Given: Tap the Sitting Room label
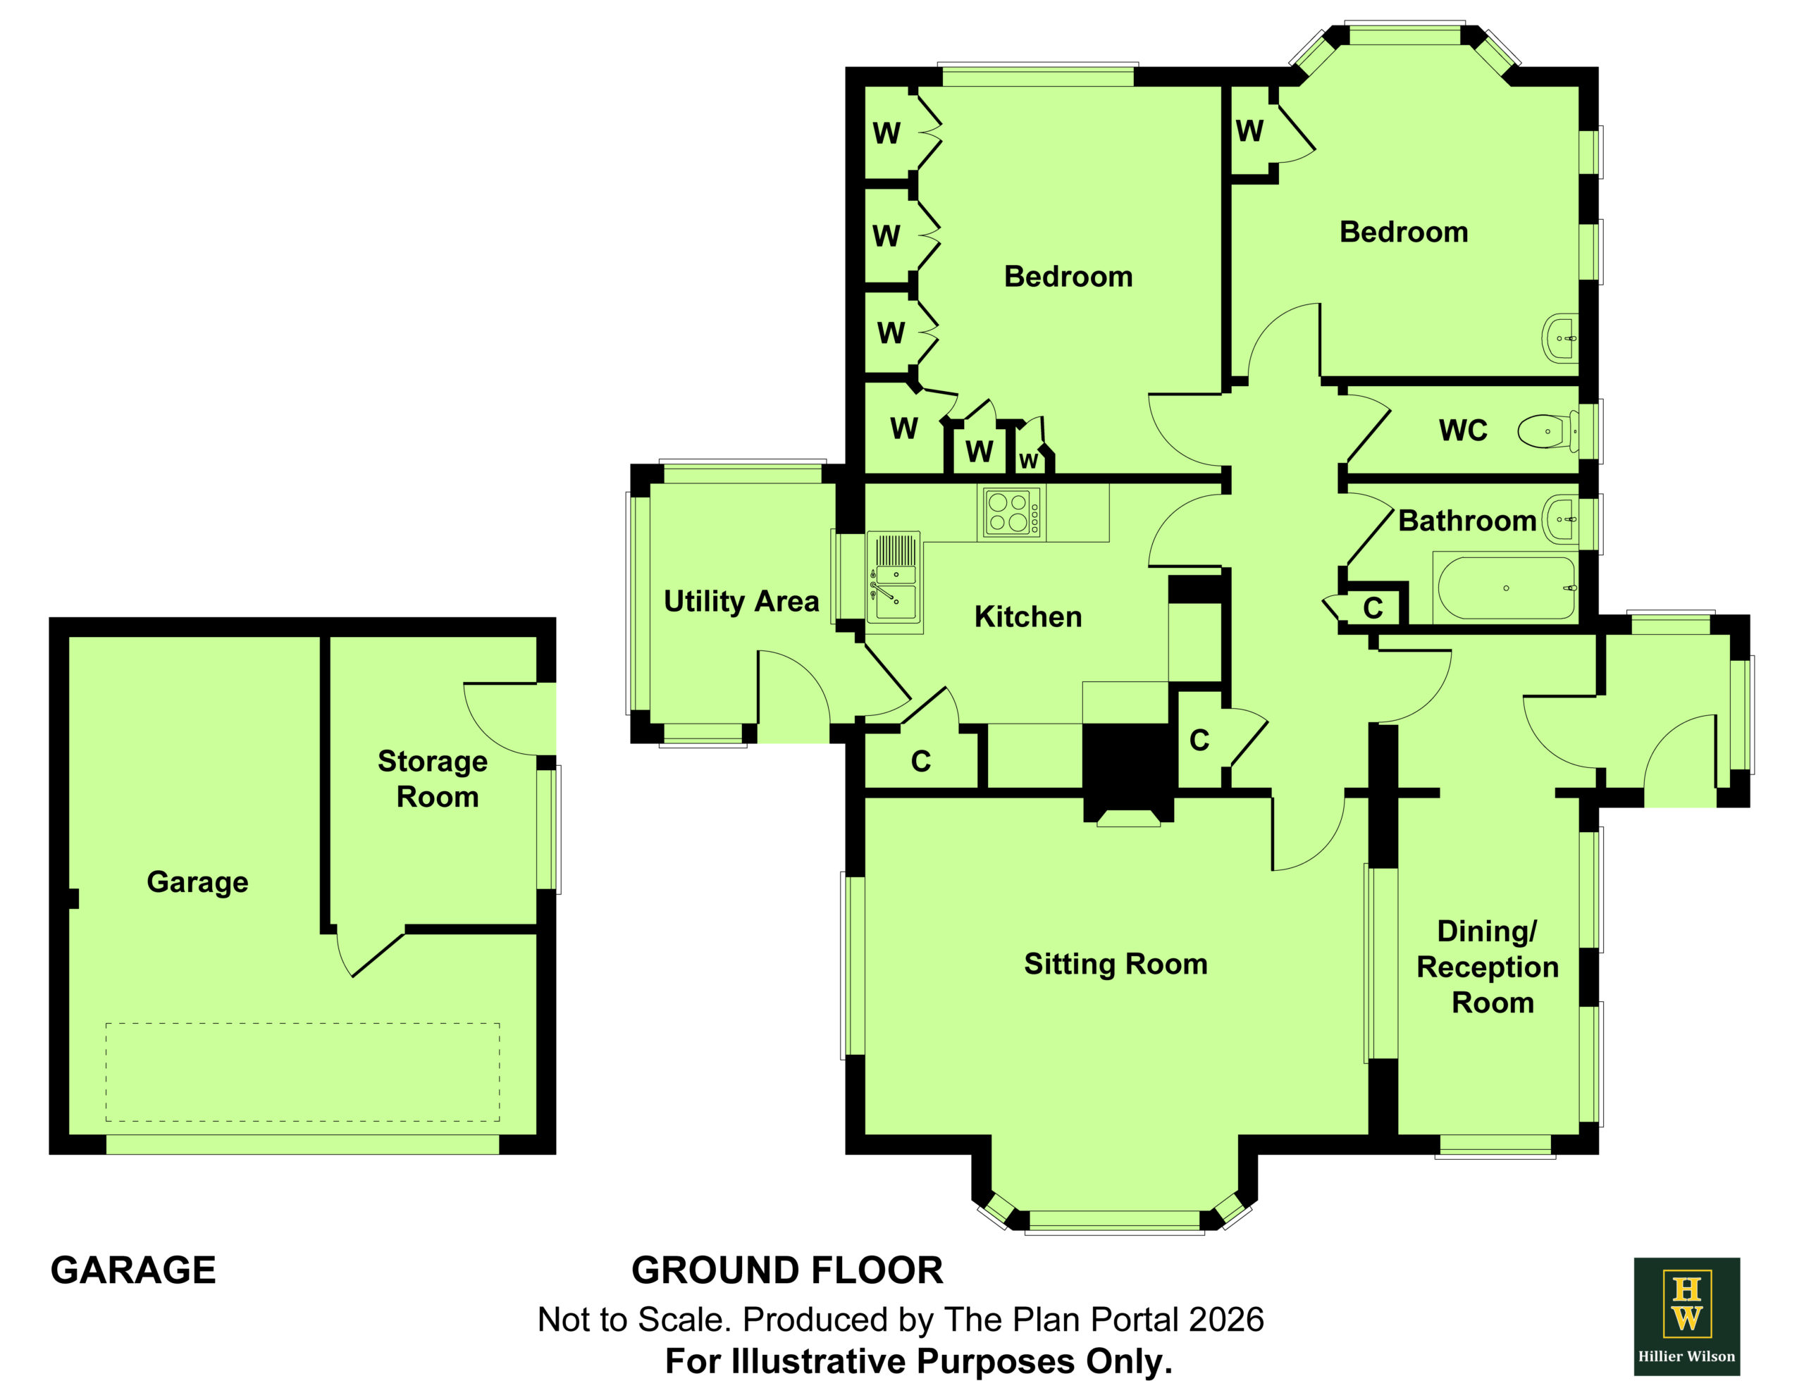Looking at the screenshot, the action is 1115,964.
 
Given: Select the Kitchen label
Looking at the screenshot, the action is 1027,617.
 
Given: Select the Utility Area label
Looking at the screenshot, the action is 741,601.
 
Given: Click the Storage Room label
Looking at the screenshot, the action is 433,779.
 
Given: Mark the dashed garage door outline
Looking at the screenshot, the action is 302,1072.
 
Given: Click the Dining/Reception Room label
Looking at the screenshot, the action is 1488,967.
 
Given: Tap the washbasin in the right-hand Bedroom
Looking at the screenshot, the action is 1559,337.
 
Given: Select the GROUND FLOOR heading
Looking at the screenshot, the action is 787,1270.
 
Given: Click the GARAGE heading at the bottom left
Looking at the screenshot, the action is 133,1270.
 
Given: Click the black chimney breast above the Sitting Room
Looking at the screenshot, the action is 1129,768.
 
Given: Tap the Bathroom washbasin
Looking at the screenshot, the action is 1560,519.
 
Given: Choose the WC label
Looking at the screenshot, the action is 1463,430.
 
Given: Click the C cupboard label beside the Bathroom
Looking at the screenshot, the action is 1373,608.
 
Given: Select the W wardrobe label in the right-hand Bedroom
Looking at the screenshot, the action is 1249,130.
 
